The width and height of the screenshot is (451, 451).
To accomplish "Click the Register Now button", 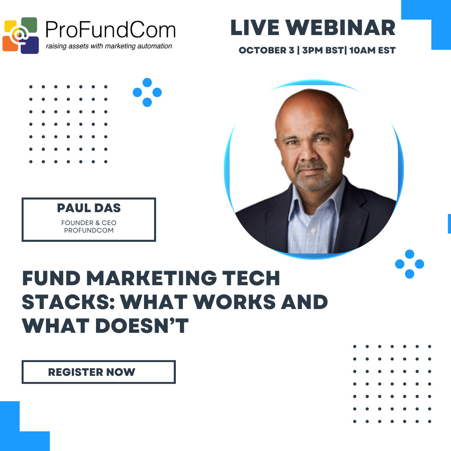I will click(99, 372).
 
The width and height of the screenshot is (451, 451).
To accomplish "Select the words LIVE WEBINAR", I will click(313, 28).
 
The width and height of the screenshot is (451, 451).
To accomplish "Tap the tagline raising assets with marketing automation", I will click(109, 46).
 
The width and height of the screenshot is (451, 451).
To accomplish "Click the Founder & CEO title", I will click(89, 223).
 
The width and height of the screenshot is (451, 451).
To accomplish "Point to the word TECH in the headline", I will click(250, 279).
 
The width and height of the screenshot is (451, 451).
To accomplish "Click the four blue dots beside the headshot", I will click(409, 264).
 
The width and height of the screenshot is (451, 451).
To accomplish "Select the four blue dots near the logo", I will click(147, 92).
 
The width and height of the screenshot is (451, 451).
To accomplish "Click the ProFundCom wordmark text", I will click(110, 30).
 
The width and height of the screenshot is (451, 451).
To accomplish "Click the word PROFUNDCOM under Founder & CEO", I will click(89, 231).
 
